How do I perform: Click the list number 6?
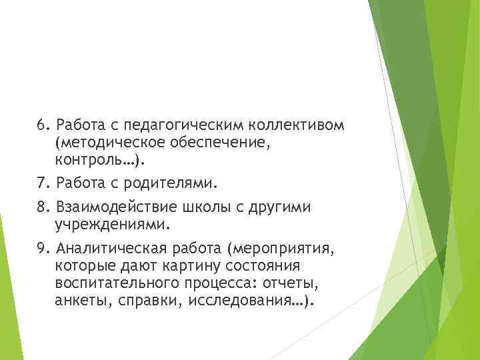[x=41, y=125]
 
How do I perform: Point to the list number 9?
[x=41, y=249]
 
